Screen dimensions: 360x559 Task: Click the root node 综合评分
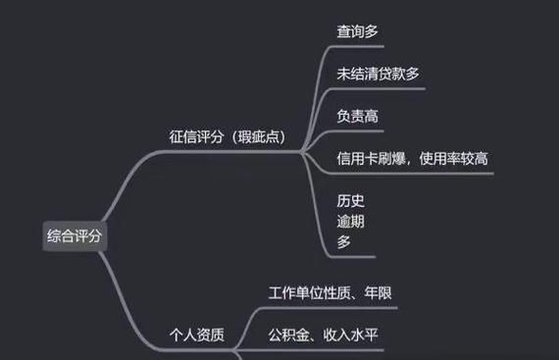pos(74,235)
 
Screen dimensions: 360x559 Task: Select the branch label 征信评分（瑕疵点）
pos(228,136)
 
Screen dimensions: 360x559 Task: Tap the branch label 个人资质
pos(197,335)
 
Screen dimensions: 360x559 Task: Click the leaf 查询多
pos(357,31)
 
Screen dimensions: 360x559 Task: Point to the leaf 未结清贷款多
pos(379,74)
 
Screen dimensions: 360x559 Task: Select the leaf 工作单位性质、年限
pos(330,293)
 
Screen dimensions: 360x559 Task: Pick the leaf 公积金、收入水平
pos(324,335)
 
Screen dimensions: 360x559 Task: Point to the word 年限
pos(380,293)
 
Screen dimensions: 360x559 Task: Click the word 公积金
pos(289,335)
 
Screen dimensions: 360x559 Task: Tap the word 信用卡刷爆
pos(371,158)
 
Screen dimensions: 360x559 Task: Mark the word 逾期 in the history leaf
pos(350,221)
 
